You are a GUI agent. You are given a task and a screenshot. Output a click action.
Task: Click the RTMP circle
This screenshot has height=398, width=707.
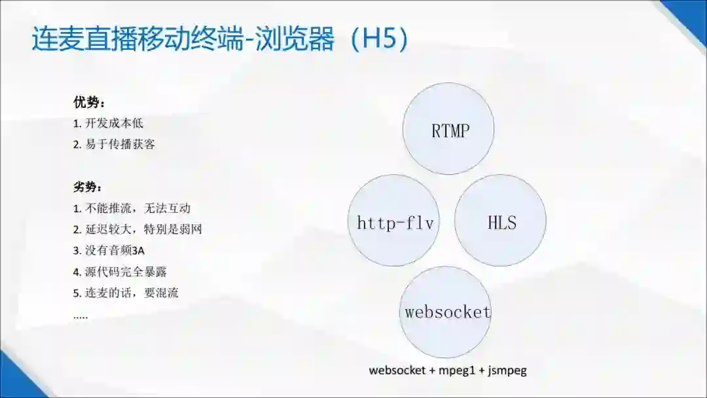[448, 129]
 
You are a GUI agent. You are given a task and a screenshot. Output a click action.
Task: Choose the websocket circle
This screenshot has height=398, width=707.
[446, 312]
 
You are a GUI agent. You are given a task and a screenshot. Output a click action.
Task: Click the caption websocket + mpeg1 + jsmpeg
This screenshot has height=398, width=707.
[448, 371]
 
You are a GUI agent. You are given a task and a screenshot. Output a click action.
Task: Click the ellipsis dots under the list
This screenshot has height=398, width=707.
[81, 316]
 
